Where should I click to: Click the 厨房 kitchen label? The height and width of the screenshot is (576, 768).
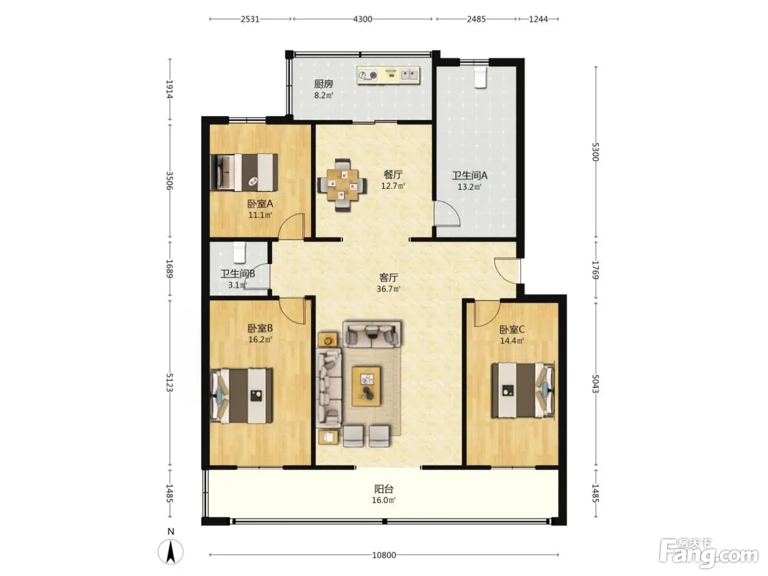[x=323, y=84]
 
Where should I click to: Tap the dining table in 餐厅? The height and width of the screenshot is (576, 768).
[x=342, y=185]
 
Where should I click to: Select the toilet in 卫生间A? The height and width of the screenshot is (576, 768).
[x=480, y=77]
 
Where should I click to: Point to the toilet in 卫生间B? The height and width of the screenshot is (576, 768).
[x=240, y=252]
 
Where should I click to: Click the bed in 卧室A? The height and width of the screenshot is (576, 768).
[x=244, y=172]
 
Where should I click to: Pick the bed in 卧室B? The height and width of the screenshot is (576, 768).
[x=241, y=396]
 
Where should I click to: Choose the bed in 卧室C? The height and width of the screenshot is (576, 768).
[x=523, y=390]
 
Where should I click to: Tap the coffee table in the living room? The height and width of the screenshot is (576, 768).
[x=366, y=386]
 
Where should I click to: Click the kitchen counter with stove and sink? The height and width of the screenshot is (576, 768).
[x=388, y=75]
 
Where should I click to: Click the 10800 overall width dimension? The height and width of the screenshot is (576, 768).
[x=384, y=555]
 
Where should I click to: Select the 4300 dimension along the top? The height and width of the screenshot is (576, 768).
[x=363, y=19]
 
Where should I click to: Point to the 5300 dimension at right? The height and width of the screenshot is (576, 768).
[x=596, y=152]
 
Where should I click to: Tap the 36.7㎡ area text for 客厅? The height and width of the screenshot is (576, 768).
[x=388, y=289]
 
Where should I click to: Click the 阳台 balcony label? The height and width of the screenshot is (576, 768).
[x=384, y=489]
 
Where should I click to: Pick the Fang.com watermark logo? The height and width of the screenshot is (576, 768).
[x=709, y=554]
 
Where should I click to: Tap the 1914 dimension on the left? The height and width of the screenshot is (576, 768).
[x=170, y=89]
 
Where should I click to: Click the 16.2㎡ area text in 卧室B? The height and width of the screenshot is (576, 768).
[x=260, y=340]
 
